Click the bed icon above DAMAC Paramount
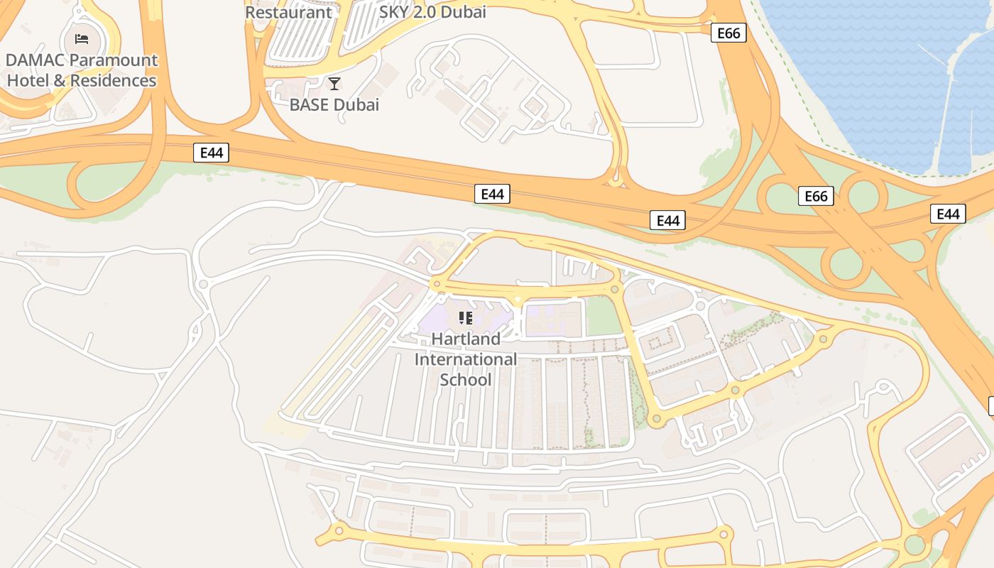82,38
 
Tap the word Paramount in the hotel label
116,60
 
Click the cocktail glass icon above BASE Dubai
334,84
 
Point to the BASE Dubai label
334,105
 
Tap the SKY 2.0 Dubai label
432,12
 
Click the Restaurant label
288,12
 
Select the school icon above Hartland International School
465,317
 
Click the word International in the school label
465,359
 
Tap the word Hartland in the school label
466,339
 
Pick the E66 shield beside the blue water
728,33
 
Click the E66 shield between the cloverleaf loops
816,196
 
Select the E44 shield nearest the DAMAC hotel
211,153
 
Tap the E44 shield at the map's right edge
948,214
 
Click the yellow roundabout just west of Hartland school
437,284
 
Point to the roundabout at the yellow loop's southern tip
656,420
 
